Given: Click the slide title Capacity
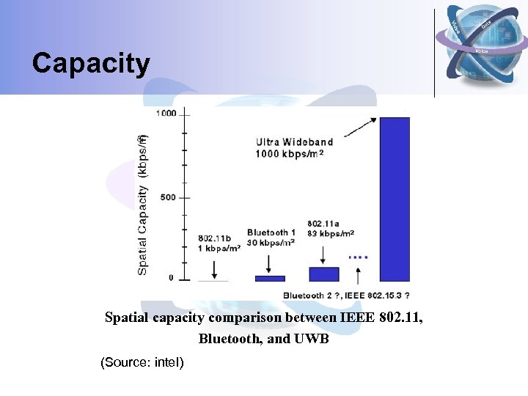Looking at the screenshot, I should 90,64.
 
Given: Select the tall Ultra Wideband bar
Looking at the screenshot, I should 395,198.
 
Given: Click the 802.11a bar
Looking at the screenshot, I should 324,274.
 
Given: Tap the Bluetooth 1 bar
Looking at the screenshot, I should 270,278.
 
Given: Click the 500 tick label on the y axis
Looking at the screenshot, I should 169,197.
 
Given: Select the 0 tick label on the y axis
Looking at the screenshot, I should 171,278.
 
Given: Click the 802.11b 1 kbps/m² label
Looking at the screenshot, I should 219,243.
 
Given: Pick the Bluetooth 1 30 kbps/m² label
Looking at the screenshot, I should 271,237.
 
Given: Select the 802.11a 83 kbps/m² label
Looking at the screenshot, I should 331,228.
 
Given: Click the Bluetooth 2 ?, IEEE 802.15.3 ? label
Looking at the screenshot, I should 346,296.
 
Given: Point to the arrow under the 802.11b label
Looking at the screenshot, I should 214,268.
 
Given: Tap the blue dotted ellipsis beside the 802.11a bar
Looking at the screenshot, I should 358,257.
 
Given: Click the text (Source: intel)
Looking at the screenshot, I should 142,362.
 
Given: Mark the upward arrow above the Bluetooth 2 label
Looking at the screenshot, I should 358,276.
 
